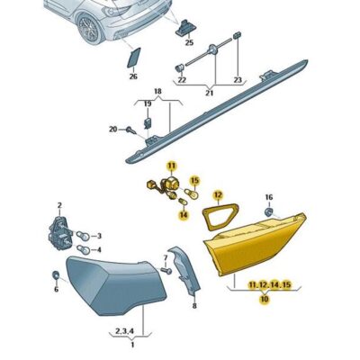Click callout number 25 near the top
click(x=189, y=41)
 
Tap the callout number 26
click(x=133, y=76)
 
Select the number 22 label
click(x=181, y=81)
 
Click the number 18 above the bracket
click(x=157, y=92)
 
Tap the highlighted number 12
click(x=217, y=194)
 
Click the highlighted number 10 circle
click(x=264, y=300)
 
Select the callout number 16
click(x=267, y=196)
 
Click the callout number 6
click(x=55, y=290)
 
